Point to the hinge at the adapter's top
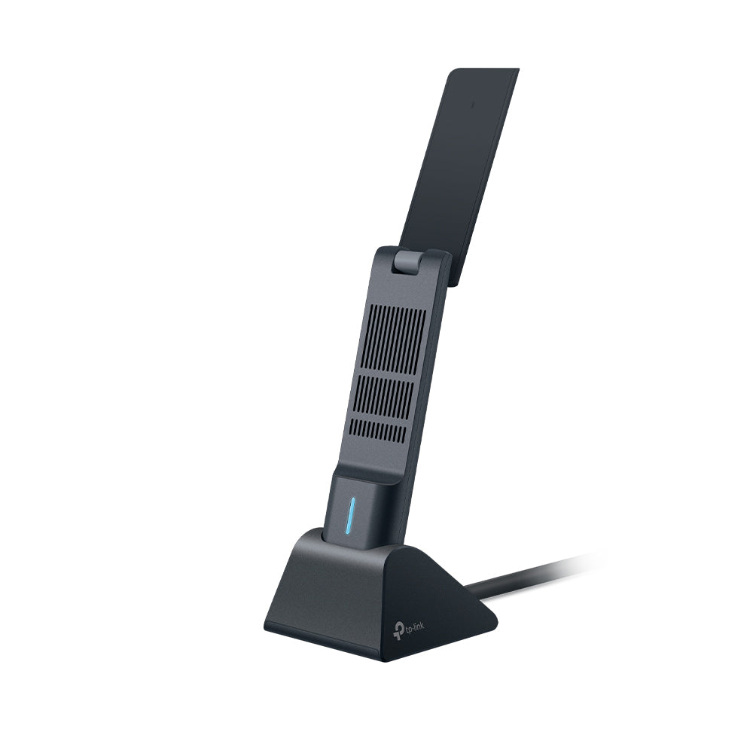tap(406, 263)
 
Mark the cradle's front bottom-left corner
tap(267, 629)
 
